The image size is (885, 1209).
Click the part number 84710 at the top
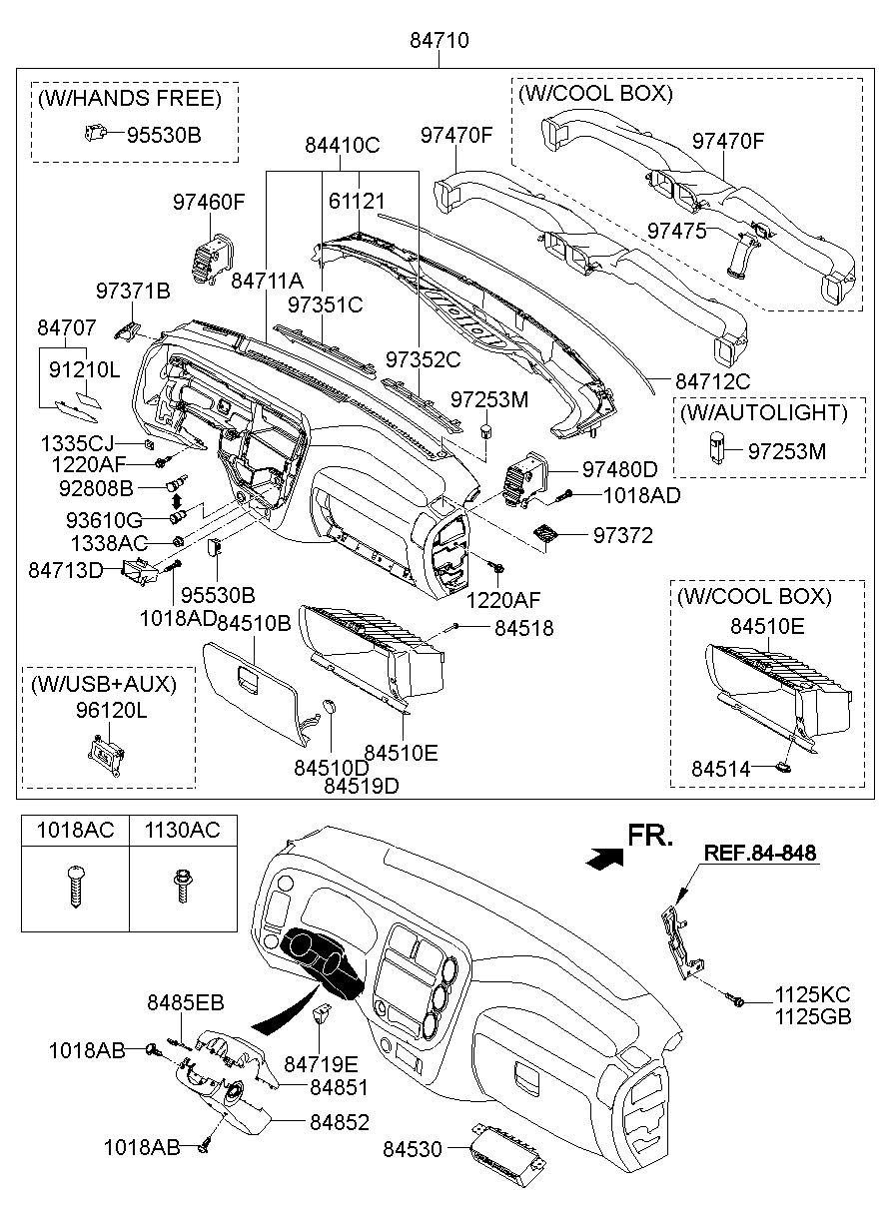(439, 41)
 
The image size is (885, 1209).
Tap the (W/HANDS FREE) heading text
(130, 98)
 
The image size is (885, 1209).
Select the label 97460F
(209, 202)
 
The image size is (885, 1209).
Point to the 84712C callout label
(713, 381)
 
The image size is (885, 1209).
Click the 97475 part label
(677, 231)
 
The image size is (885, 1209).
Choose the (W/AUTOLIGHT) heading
(763, 413)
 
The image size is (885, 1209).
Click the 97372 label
(623, 535)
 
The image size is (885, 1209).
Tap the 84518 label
(524, 628)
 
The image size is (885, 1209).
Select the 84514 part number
(721, 769)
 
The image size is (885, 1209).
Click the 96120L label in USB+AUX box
(111, 711)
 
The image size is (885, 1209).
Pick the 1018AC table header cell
(75, 830)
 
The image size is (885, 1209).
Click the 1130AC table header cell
(183, 830)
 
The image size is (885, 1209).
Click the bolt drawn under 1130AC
(183, 886)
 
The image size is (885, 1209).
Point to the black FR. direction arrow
(605, 858)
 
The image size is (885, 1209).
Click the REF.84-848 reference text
(760, 853)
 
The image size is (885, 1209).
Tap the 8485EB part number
(185, 1002)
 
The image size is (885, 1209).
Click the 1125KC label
(813, 994)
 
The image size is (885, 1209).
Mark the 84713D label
(65, 570)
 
